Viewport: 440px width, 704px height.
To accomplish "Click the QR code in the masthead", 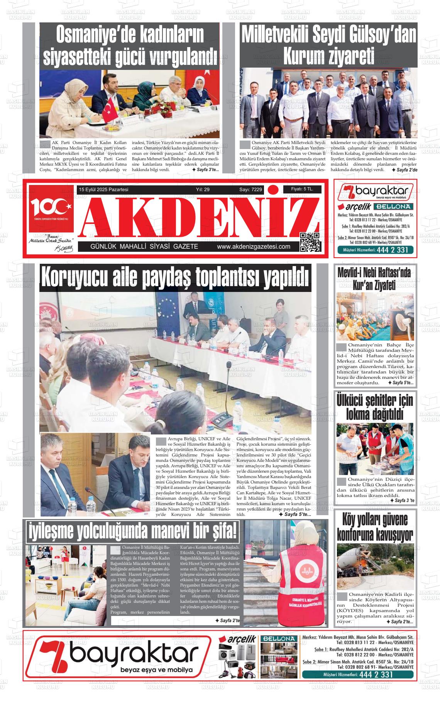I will coord(310,242).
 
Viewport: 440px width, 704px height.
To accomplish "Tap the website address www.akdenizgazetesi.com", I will coord(254,247).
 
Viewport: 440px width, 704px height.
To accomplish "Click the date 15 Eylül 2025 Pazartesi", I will coord(103,190).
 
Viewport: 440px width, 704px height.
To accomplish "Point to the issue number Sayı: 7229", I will coord(250,190).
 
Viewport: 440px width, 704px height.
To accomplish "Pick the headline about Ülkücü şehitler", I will coord(374,407).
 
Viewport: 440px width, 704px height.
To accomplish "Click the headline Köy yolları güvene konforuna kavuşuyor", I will coord(375,527).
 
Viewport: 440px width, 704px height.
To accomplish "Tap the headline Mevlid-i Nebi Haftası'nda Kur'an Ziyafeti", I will coord(375,278).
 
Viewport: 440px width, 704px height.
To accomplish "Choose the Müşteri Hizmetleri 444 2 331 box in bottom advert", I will coord(359,685).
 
